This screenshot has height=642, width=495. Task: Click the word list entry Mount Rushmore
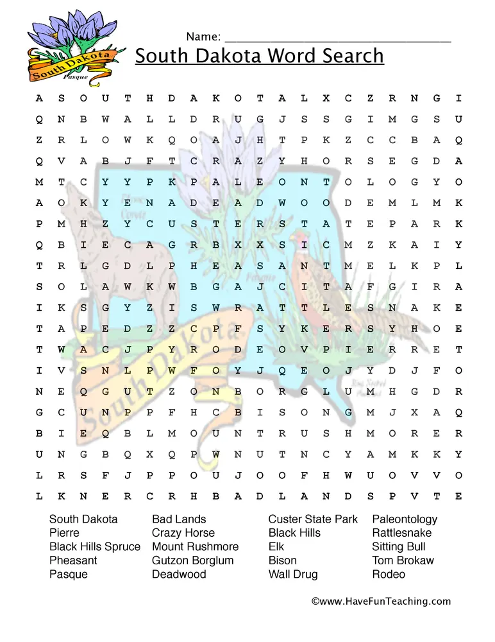point(195,546)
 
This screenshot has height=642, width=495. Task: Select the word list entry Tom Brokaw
point(403,560)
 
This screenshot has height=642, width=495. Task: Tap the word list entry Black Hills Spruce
point(95,546)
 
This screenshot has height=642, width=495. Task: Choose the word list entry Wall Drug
point(292,574)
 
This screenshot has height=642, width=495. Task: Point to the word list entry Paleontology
point(405,519)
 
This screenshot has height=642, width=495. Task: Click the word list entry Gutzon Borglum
point(192,560)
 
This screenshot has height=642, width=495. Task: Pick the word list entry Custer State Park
point(313,519)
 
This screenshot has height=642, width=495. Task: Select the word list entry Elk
point(276,546)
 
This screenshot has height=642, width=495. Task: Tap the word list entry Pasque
point(69,574)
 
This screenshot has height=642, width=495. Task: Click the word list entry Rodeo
point(388,574)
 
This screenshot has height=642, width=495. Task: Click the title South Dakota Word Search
point(259,56)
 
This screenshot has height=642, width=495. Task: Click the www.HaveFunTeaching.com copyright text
point(381,602)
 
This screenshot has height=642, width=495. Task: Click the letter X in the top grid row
point(326,98)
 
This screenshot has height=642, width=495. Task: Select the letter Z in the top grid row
point(370,98)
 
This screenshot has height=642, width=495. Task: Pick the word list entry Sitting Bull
point(398,546)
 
